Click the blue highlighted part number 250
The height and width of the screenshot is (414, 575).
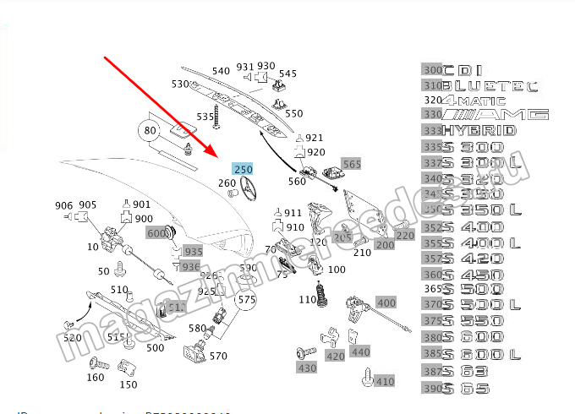(x=243, y=169)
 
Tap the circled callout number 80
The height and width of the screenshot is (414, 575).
(x=150, y=131)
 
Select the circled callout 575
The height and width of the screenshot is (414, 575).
(x=245, y=299)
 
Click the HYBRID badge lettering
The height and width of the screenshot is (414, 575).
(x=480, y=130)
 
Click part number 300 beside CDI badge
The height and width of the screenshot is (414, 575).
(x=432, y=70)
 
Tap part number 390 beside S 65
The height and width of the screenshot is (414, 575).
(x=432, y=388)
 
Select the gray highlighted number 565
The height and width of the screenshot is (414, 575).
(x=351, y=164)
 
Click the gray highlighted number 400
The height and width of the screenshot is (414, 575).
(x=386, y=302)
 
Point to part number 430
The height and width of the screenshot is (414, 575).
(x=305, y=368)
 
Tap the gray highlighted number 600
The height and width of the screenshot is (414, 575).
(x=157, y=233)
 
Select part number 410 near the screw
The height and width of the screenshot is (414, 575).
(x=385, y=381)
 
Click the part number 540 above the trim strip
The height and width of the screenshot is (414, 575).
(x=221, y=71)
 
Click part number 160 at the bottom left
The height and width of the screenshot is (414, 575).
(x=96, y=378)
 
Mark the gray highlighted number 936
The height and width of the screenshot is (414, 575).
(x=192, y=267)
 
